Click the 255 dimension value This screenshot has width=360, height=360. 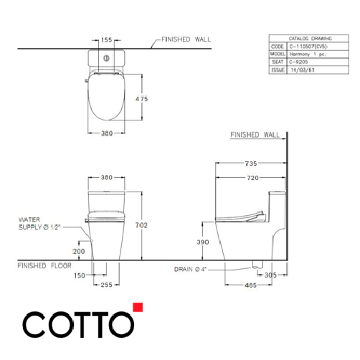click(x=105, y=285)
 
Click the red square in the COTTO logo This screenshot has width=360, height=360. click(x=138, y=309)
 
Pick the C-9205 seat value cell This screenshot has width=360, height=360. click(x=298, y=62)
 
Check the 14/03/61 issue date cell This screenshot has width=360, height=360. click(x=301, y=70)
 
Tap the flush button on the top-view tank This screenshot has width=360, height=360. click(x=106, y=57)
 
